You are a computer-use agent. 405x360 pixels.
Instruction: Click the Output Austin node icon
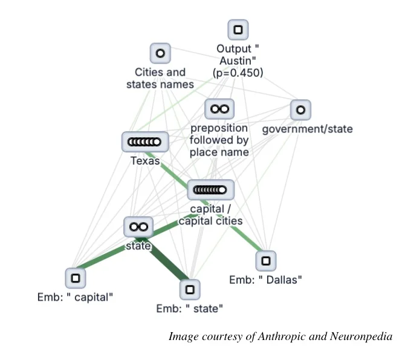click(x=238, y=29)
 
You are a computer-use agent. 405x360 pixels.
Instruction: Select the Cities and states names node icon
click(x=160, y=53)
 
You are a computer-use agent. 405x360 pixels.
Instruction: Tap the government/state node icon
click(x=300, y=110)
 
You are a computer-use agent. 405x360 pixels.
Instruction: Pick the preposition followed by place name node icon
click(x=218, y=109)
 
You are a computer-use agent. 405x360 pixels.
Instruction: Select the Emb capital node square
click(x=76, y=278)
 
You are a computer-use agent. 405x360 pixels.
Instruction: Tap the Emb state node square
click(x=190, y=290)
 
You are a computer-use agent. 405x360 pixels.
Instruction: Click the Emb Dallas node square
click(x=265, y=261)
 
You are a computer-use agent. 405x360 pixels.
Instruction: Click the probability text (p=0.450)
click(x=238, y=73)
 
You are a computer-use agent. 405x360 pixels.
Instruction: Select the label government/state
click(x=307, y=129)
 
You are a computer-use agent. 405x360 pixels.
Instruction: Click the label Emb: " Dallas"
click(x=265, y=280)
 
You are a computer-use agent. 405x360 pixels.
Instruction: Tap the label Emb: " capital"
click(x=76, y=297)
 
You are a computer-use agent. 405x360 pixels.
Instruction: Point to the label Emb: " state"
click(x=190, y=309)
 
